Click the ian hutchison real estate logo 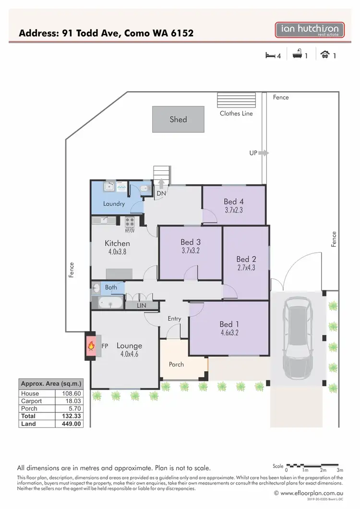(309, 30)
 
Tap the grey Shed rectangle (178, 119)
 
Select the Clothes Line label (236, 114)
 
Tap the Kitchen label (117, 243)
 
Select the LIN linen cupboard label (142, 306)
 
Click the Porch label (176, 365)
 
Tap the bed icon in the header (270, 55)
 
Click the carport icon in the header (325, 55)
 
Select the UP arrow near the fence (264, 154)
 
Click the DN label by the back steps (161, 193)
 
